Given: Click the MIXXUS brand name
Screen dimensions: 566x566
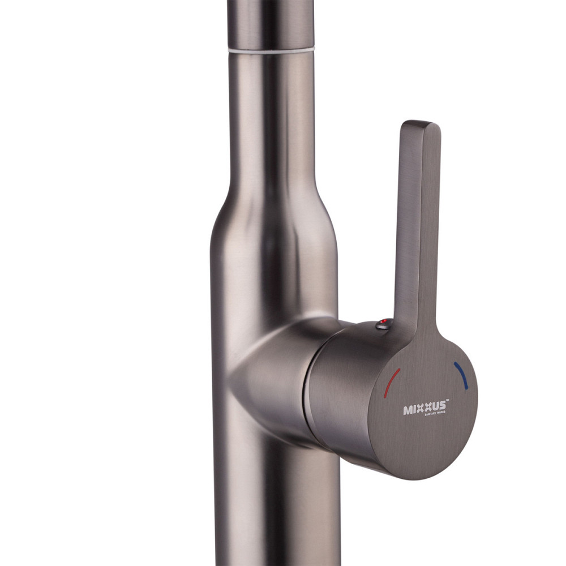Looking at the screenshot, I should (x=424, y=408).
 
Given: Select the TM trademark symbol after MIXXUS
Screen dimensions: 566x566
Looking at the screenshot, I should (x=447, y=401).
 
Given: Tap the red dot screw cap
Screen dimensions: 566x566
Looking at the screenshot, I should (x=384, y=323).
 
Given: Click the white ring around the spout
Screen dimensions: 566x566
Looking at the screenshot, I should (x=271, y=50).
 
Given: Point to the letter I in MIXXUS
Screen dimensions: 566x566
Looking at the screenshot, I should (x=414, y=409).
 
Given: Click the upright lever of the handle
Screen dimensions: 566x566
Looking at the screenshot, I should (x=416, y=226).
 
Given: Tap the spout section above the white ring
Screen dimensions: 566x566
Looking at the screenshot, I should (x=271, y=23).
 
